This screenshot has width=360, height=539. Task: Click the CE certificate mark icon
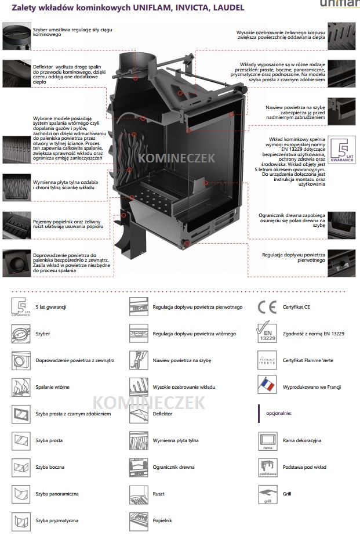[267, 307]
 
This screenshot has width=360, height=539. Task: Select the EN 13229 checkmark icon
[267, 332]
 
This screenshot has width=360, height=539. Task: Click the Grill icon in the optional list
[268, 494]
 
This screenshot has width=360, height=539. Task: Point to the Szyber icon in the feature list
[21, 334]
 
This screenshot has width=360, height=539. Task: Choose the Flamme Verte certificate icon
[267, 360]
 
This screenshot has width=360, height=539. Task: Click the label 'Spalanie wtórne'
[53, 387]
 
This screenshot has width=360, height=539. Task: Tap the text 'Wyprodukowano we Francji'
[312, 387]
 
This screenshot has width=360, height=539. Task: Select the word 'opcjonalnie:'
[279, 413]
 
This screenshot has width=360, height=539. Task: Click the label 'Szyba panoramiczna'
[57, 494]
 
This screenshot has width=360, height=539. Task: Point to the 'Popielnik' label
[162, 520]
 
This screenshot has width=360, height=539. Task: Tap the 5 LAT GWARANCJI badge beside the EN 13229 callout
[341, 150]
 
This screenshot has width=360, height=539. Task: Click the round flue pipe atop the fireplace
[136, 66]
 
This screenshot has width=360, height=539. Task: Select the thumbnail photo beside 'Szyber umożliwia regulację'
[16, 36]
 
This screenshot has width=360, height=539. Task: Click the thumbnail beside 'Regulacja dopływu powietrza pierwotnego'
[341, 263]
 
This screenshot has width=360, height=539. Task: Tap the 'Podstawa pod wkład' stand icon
[268, 468]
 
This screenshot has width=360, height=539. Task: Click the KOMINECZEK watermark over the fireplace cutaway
[177, 158]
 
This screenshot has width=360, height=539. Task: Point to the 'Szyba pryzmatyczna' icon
[21, 521]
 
